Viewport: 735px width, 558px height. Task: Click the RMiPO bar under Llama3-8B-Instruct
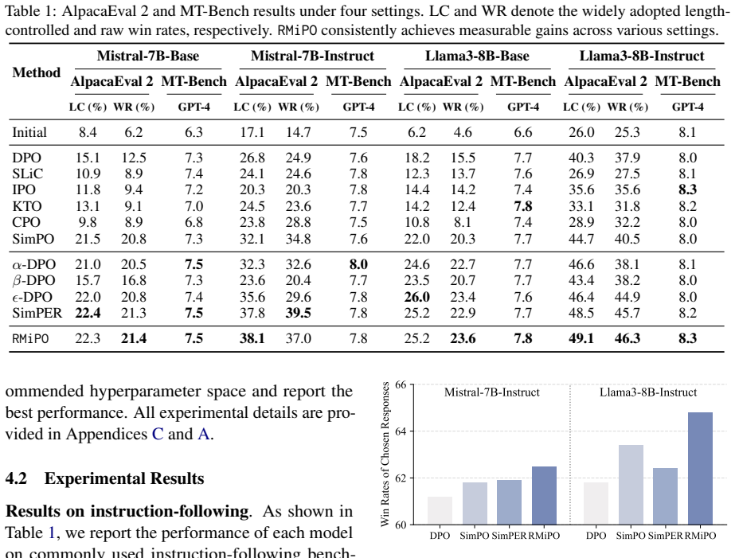[x=700, y=469]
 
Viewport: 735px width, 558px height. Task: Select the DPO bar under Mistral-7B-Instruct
[x=440, y=511]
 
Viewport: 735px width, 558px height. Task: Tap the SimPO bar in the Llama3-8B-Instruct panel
[x=631, y=485]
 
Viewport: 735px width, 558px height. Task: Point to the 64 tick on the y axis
[x=401, y=431]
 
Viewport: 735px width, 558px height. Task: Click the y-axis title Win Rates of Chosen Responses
[x=385, y=454]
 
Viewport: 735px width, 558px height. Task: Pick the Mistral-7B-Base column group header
[x=148, y=56]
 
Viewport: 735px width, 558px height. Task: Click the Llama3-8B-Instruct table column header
[x=642, y=56]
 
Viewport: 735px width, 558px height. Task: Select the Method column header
[x=37, y=72]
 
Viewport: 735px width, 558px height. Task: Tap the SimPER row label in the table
[x=37, y=313]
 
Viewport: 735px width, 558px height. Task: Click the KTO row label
[x=27, y=206]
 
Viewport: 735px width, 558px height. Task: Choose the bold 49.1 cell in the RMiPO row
[x=581, y=338]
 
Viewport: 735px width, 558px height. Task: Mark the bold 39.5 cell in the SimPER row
[x=298, y=313]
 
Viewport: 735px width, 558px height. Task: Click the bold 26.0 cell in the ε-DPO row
[x=416, y=297]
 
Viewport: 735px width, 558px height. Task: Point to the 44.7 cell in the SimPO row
[x=581, y=239]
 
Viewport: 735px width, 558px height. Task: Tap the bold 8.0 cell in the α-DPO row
[x=358, y=264]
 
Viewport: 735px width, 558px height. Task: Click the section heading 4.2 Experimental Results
[x=104, y=478]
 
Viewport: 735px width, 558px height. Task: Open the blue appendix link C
[x=158, y=434]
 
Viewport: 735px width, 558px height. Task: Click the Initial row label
[x=29, y=132]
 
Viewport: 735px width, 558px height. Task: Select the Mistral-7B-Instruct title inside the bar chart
[x=491, y=392]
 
